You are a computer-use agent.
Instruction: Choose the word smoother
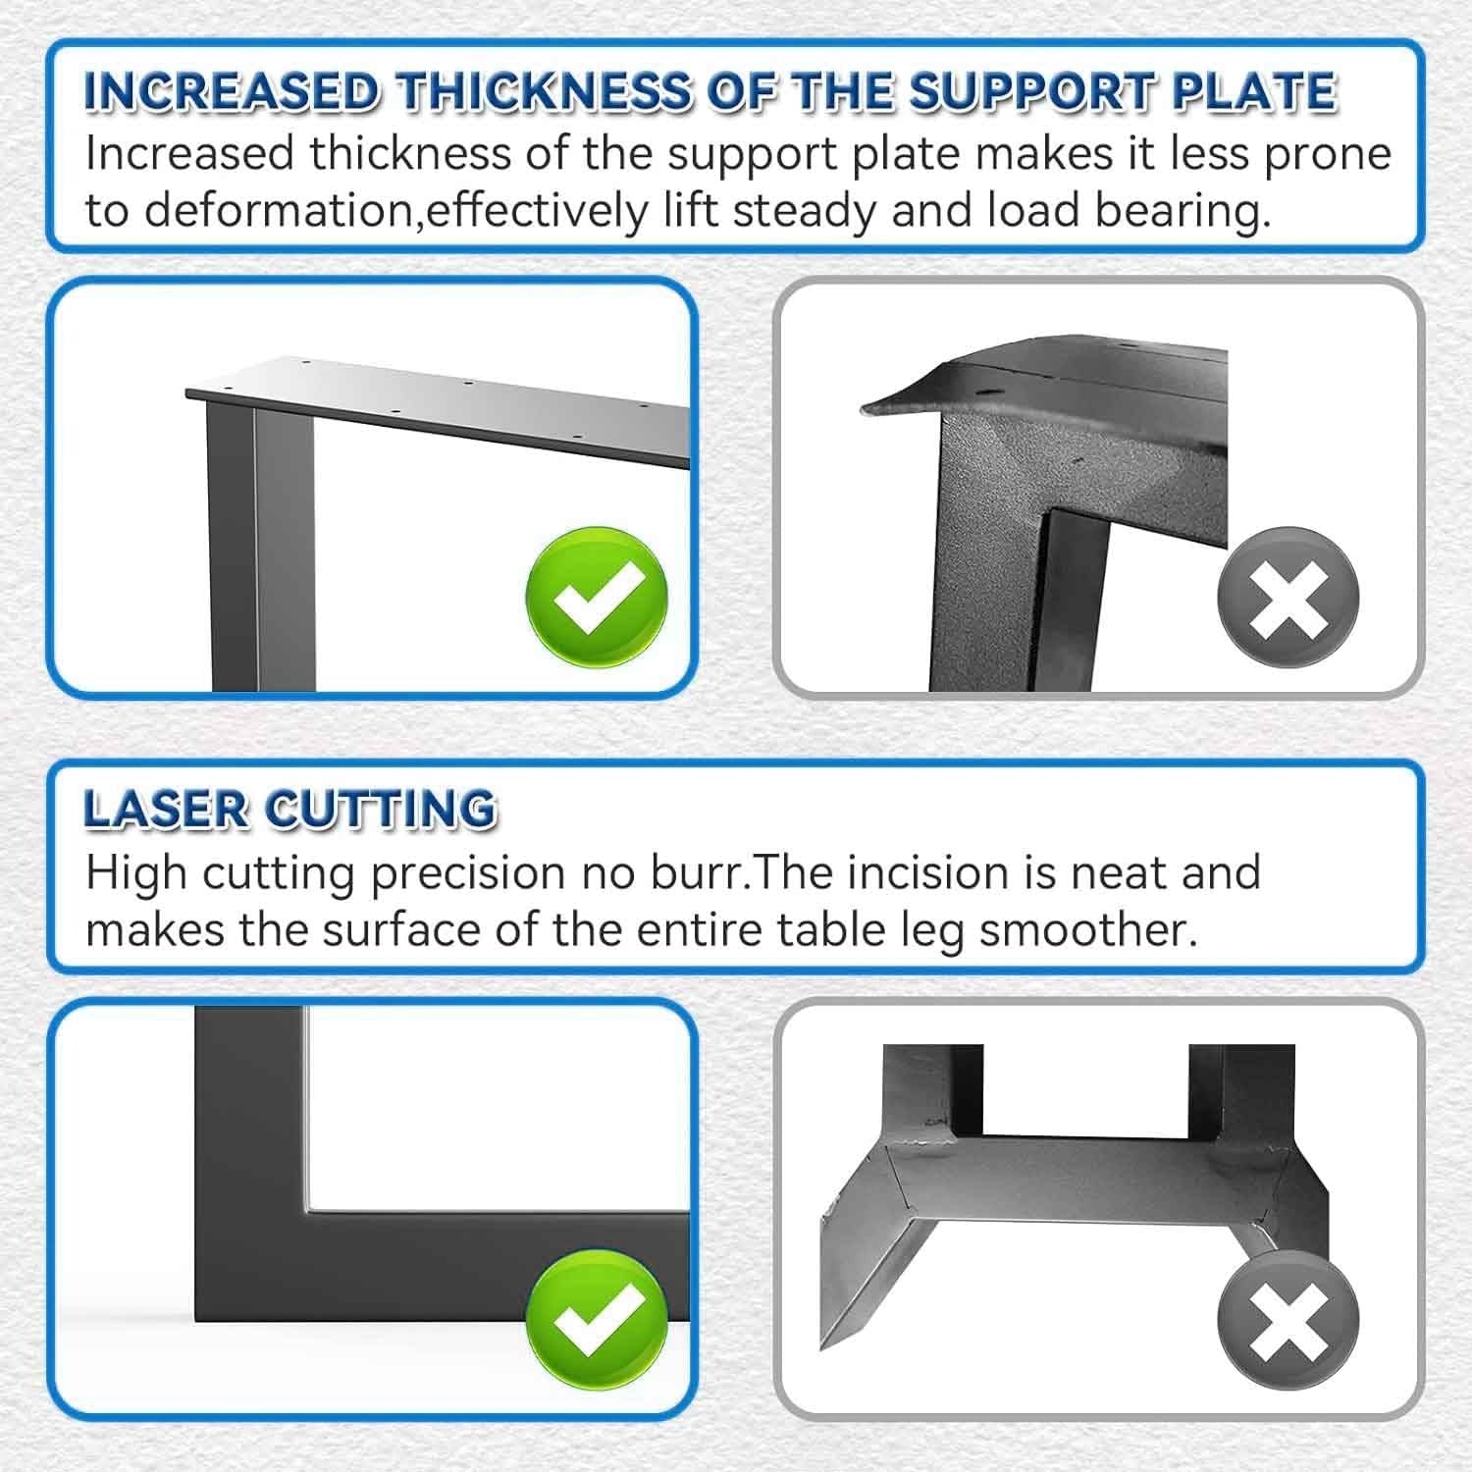click(1088, 930)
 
